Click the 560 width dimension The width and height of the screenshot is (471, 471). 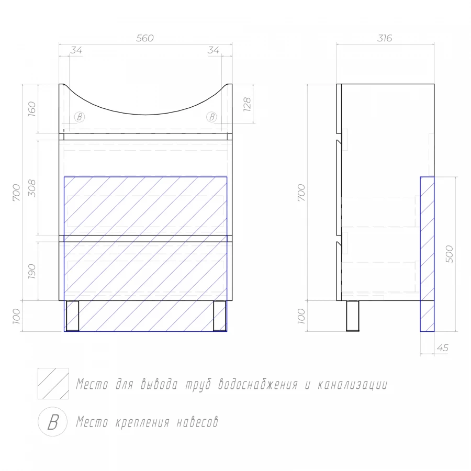pos(145,38)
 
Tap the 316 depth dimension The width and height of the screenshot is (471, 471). pos(385,38)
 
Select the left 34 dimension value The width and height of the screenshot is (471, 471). pos(76,50)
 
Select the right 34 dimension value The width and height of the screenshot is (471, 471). pos(214,50)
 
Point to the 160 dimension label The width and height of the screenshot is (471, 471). pos(32,109)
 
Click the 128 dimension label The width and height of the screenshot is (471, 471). pos(247,104)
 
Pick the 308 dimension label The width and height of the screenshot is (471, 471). pos(32,188)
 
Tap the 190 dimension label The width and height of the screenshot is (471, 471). pos(32,272)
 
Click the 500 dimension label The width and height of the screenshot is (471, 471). pos(450,254)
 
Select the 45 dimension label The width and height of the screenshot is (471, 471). pos(442,348)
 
